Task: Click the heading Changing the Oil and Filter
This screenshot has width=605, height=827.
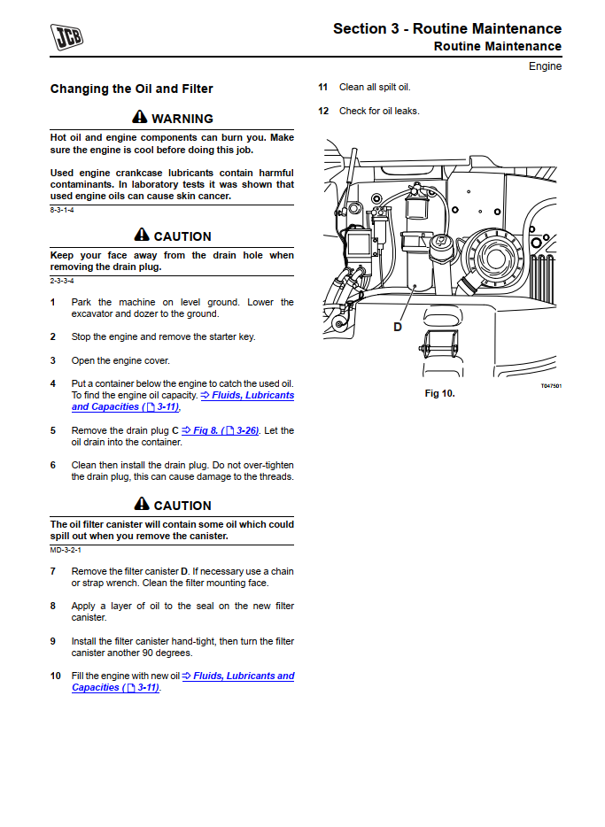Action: pyautogui.click(x=131, y=89)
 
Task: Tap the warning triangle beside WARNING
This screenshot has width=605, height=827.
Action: pyautogui.click(x=140, y=118)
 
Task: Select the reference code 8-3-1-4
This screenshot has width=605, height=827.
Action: pyautogui.click(x=62, y=210)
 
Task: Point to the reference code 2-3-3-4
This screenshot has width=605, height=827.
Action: pyautogui.click(x=62, y=281)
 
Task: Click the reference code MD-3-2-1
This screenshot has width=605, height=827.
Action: pyautogui.click(x=66, y=550)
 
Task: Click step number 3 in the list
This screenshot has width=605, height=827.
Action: pyautogui.click(x=52, y=360)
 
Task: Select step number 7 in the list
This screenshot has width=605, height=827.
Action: pyautogui.click(x=52, y=572)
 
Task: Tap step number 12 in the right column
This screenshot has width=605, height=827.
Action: pyautogui.click(x=323, y=112)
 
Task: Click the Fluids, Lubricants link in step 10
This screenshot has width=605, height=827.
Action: pyautogui.click(x=237, y=676)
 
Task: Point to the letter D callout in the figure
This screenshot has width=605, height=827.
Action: pyautogui.click(x=398, y=327)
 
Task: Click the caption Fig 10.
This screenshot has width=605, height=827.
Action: pyautogui.click(x=439, y=393)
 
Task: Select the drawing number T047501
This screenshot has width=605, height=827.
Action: pyautogui.click(x=551, y=386)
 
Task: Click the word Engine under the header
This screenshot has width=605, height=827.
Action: pyautogui.click(x=545, y=66)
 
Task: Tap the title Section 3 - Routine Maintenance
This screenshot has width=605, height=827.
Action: pyautogui.click(x=446, y=28)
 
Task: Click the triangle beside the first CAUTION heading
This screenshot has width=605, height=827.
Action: pyautogui.click(x=142, y=236)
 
